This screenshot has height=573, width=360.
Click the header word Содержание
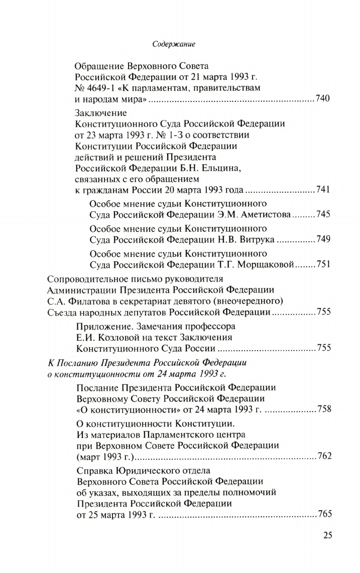173,45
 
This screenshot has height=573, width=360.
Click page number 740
323,99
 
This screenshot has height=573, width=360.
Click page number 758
323,409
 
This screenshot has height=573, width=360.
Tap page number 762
323,457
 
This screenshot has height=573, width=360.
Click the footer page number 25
328,535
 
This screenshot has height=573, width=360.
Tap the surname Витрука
254,239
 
